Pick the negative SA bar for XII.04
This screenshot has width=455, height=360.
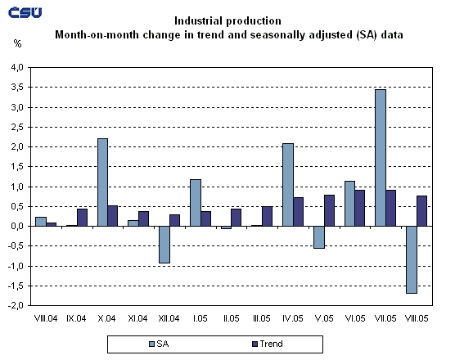tap(164, 245)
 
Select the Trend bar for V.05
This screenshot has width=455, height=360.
tap(330, 210)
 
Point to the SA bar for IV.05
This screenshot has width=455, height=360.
tap(288, 185)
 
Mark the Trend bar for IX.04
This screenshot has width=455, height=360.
tap(82, 218)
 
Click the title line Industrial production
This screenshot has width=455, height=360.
tap(228, 20)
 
